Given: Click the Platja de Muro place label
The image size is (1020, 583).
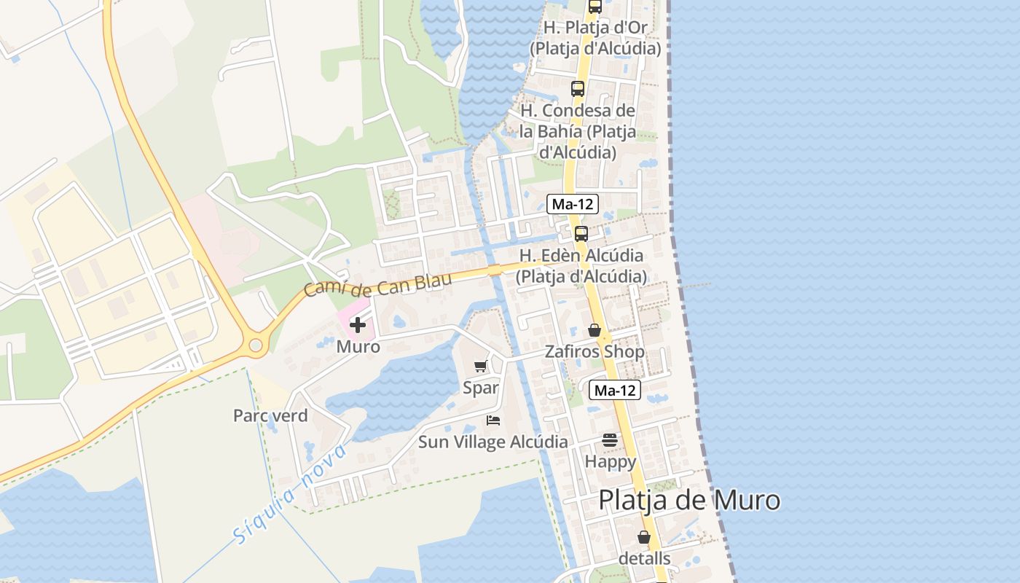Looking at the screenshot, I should [689, 501].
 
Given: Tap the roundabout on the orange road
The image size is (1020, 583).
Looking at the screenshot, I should [256, 346].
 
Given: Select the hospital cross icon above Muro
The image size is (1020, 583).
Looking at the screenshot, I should [358, 325].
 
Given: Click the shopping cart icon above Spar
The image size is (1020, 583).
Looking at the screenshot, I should [480, 367].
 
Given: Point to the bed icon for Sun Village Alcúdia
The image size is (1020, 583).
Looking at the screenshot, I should [493, 420].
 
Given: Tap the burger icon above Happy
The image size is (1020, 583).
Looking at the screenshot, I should [610, 440].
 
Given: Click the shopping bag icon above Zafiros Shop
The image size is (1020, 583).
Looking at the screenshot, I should [595, 330].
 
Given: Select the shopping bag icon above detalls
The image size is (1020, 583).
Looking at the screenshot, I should [644, 537].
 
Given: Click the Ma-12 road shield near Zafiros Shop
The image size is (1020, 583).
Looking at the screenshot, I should [615, 390].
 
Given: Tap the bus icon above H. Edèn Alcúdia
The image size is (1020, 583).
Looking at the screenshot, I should [581, 234].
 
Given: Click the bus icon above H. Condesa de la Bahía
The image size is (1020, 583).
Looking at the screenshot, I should [577, 89].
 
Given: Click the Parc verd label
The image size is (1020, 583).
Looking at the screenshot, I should [270, 415].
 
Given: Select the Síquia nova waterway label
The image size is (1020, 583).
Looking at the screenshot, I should [291, 495].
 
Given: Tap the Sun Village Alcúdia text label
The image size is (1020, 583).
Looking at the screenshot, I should [493, 442].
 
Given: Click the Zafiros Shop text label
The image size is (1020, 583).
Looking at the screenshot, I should [595, 352].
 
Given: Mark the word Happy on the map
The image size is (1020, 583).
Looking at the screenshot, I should [611, 461].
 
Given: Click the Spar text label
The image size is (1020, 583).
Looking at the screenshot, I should [481, 388].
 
